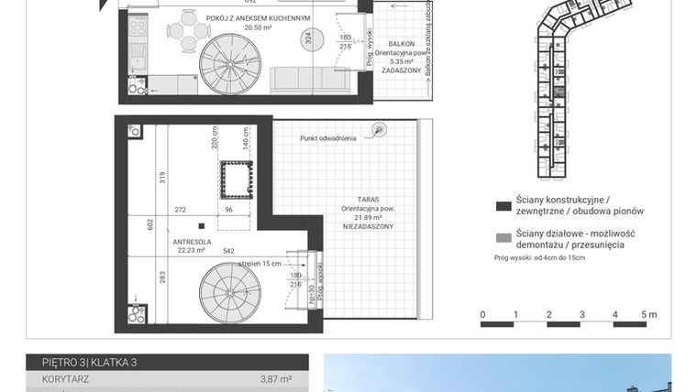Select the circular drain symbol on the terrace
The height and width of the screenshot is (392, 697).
point(378,130)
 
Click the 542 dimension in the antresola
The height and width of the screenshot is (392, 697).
point(228,251)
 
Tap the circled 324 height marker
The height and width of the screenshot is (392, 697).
point(308,39)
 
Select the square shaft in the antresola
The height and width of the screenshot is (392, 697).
point(235,179)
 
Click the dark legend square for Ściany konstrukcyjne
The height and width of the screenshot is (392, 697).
point(502,205)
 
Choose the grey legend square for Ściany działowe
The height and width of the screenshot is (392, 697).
point(502,238)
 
